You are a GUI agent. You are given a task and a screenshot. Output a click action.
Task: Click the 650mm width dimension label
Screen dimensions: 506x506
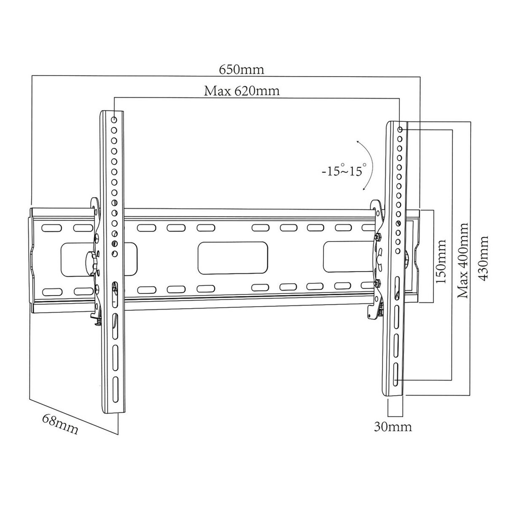point(241,69)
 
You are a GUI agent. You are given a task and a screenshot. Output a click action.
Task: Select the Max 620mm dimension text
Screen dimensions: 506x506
point(242,91)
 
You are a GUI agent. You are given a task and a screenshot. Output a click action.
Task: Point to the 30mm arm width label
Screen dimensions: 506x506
point(393,427)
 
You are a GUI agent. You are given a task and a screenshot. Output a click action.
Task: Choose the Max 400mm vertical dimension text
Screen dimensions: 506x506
point(463,260)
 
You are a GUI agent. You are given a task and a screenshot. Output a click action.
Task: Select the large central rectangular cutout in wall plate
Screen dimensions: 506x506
point(233,258)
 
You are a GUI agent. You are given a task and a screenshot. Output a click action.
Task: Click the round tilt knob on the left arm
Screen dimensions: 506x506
point(92,258)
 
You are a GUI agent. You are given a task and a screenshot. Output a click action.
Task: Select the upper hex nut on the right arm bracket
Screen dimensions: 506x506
point(377,237)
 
